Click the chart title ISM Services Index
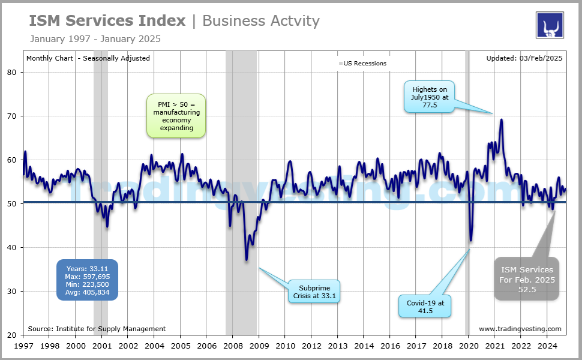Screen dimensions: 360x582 pos(107,21)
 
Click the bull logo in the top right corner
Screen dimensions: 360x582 pos(549,25)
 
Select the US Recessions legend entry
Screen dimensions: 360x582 pos(362,63)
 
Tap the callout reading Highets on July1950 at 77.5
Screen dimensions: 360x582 pos(430,97)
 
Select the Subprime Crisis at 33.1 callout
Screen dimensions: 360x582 pos(313,291)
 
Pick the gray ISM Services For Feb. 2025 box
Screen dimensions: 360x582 pos(527,279)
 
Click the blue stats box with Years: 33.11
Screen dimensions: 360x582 pos(88,280)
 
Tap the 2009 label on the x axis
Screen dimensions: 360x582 pos(259,346)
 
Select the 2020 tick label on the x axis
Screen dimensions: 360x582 pos(469,346)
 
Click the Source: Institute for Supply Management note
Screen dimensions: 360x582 pos(97,329)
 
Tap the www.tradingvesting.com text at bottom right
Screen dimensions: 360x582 pos(520,329)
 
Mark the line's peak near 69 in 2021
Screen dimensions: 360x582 pos(501,119)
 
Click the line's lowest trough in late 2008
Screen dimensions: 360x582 pos(247,260)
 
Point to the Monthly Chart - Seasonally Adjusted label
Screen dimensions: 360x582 pos(88,58)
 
